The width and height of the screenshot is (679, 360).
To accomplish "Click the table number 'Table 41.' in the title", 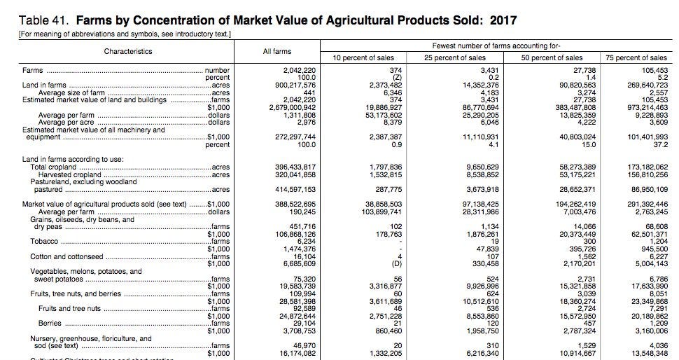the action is (43, 20).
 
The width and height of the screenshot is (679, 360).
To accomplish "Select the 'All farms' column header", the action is (276, 52).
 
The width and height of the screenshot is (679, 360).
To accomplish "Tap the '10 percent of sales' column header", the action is (363, 57).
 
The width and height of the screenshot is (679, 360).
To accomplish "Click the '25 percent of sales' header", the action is (455, 57).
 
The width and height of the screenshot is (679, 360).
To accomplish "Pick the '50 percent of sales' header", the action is (552, 57).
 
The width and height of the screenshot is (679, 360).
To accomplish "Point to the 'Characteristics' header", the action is (127, 52).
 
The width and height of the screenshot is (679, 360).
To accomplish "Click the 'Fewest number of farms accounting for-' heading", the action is (496, 46).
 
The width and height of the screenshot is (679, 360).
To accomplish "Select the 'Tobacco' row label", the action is (43, 242).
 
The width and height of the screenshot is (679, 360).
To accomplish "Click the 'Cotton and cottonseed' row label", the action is (66, 256).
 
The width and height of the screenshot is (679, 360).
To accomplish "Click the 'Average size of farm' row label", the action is (71, 92).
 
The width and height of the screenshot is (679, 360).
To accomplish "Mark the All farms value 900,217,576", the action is (295, 85).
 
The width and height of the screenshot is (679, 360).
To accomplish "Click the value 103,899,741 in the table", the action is (381, 212).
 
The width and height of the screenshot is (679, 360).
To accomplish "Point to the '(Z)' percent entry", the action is (396, 78).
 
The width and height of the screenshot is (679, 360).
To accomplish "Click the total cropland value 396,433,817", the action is (295, 167).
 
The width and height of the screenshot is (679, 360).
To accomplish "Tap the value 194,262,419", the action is (575, 204).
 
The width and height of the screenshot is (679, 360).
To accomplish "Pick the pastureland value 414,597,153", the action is (295, 189).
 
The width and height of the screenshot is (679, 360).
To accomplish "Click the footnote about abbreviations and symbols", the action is (125, 34).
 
